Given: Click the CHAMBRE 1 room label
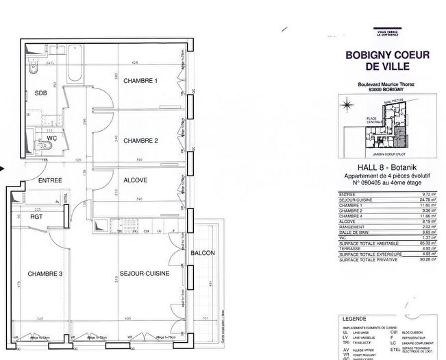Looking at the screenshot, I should pyautogui.click(x=140, y=81).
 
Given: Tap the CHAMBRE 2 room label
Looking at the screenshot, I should pyautogui.click(x=140, y=141).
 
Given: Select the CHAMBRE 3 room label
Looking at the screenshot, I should pyautogui.click(x=45, y=274).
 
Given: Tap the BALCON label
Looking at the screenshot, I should pyautogui.click(x=203, y=253).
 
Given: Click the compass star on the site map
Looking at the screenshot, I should pyautogui.click(x=348, y=104).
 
